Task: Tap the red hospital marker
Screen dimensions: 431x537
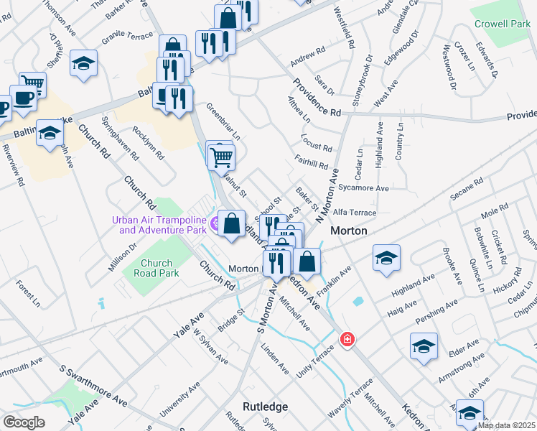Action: [347, 338]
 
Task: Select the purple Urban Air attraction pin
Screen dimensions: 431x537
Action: [214, 220]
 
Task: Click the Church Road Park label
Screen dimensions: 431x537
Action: [159, 268]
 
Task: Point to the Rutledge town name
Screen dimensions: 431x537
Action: [265, 407]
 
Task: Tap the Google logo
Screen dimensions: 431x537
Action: [24, 422]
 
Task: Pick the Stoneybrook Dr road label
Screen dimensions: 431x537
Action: [361, 76]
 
